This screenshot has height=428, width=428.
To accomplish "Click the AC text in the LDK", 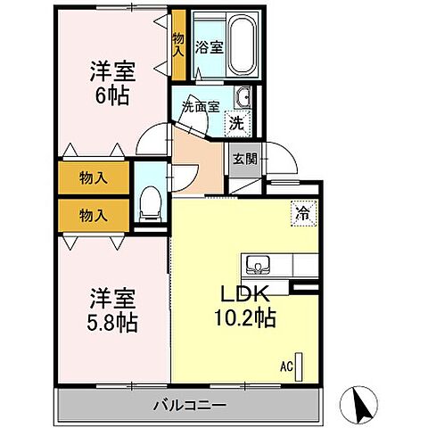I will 287,365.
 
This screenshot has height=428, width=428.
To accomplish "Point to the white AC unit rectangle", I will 300,366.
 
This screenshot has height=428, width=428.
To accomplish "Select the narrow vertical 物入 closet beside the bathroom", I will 178,45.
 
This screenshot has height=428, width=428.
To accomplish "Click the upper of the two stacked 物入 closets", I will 93,177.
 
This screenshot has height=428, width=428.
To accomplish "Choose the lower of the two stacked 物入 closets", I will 93,215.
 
